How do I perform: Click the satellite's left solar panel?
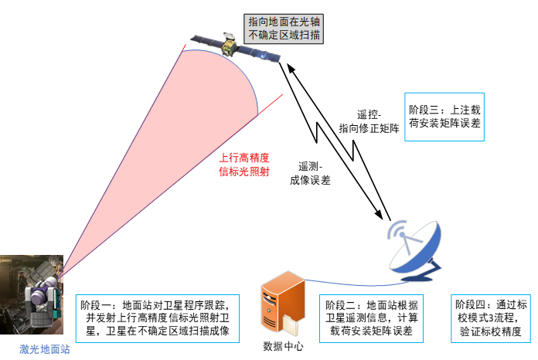coord(206,42)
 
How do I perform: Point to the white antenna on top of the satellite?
coord(229,36)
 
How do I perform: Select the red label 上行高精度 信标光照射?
coord(244,165)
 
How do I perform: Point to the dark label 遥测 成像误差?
coord(309,173)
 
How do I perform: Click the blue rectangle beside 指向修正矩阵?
coord(444,117)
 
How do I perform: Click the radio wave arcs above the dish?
coord(397,229)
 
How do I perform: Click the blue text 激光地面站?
coord(45,349)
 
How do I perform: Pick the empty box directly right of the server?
coord(371,318)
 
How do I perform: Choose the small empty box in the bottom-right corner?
coord(480,318)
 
